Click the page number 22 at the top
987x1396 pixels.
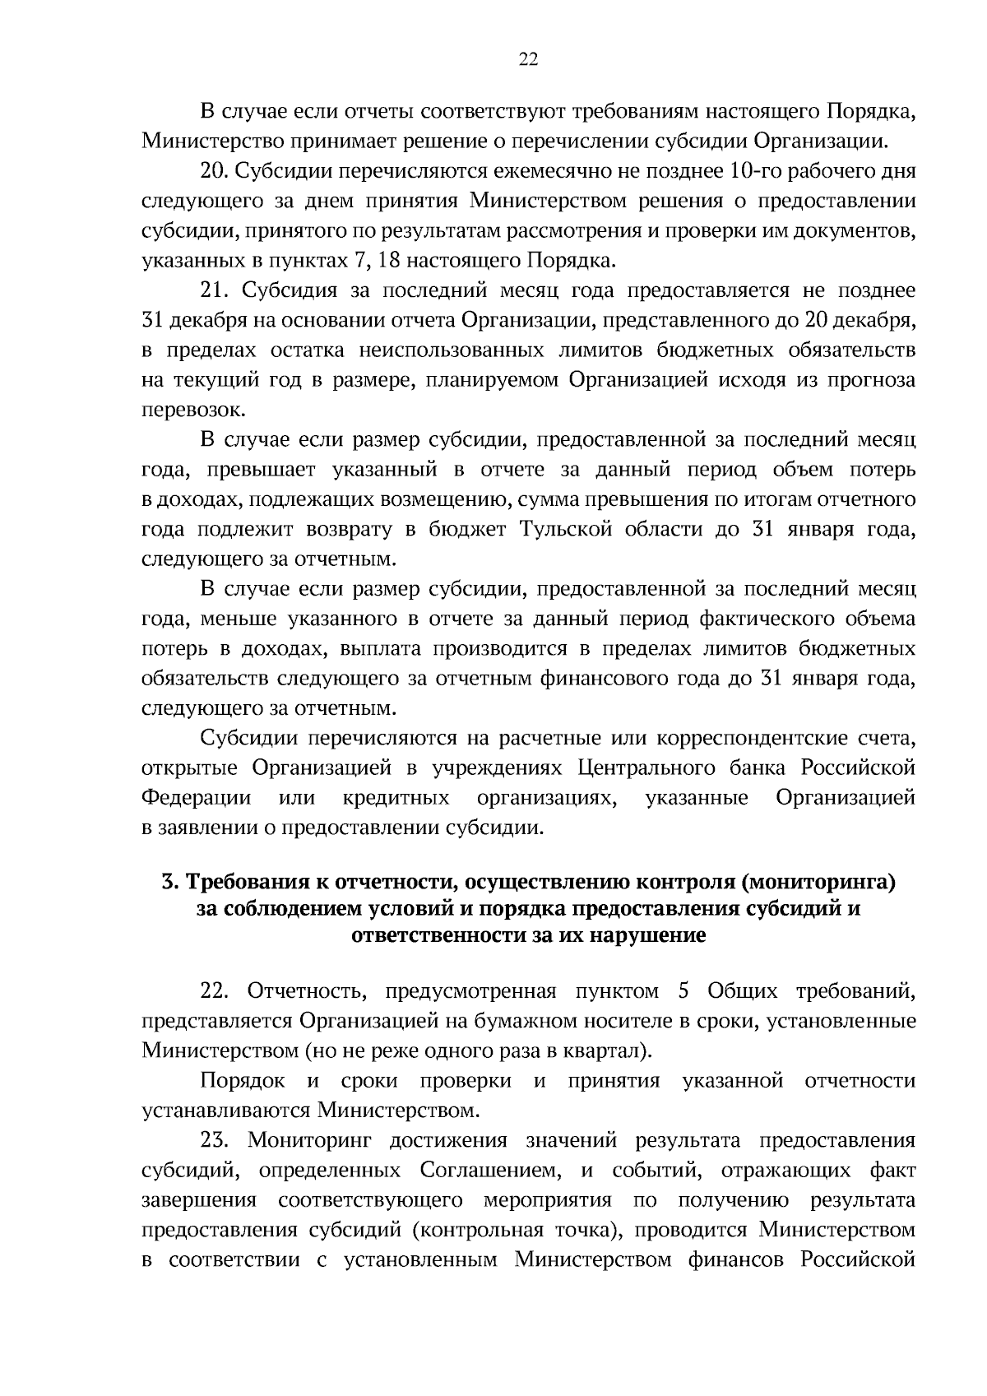tap(528, 58)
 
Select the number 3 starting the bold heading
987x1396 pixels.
tap(169, 883)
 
